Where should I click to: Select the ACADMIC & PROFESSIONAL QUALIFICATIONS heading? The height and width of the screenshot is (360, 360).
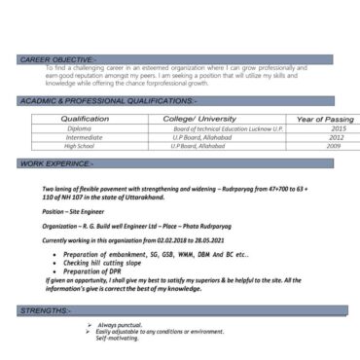(107, 100)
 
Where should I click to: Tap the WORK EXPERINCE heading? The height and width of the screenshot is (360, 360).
(57, 164)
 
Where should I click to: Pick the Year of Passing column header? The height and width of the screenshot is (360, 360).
(325, 119)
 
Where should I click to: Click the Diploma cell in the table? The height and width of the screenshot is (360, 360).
(80, 128)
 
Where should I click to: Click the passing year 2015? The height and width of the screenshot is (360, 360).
(337, 128)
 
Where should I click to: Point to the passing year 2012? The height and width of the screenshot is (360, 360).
(337, 137)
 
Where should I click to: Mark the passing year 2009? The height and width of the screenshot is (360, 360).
(334, 146)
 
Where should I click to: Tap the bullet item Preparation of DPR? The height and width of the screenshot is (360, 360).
(97, 270)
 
